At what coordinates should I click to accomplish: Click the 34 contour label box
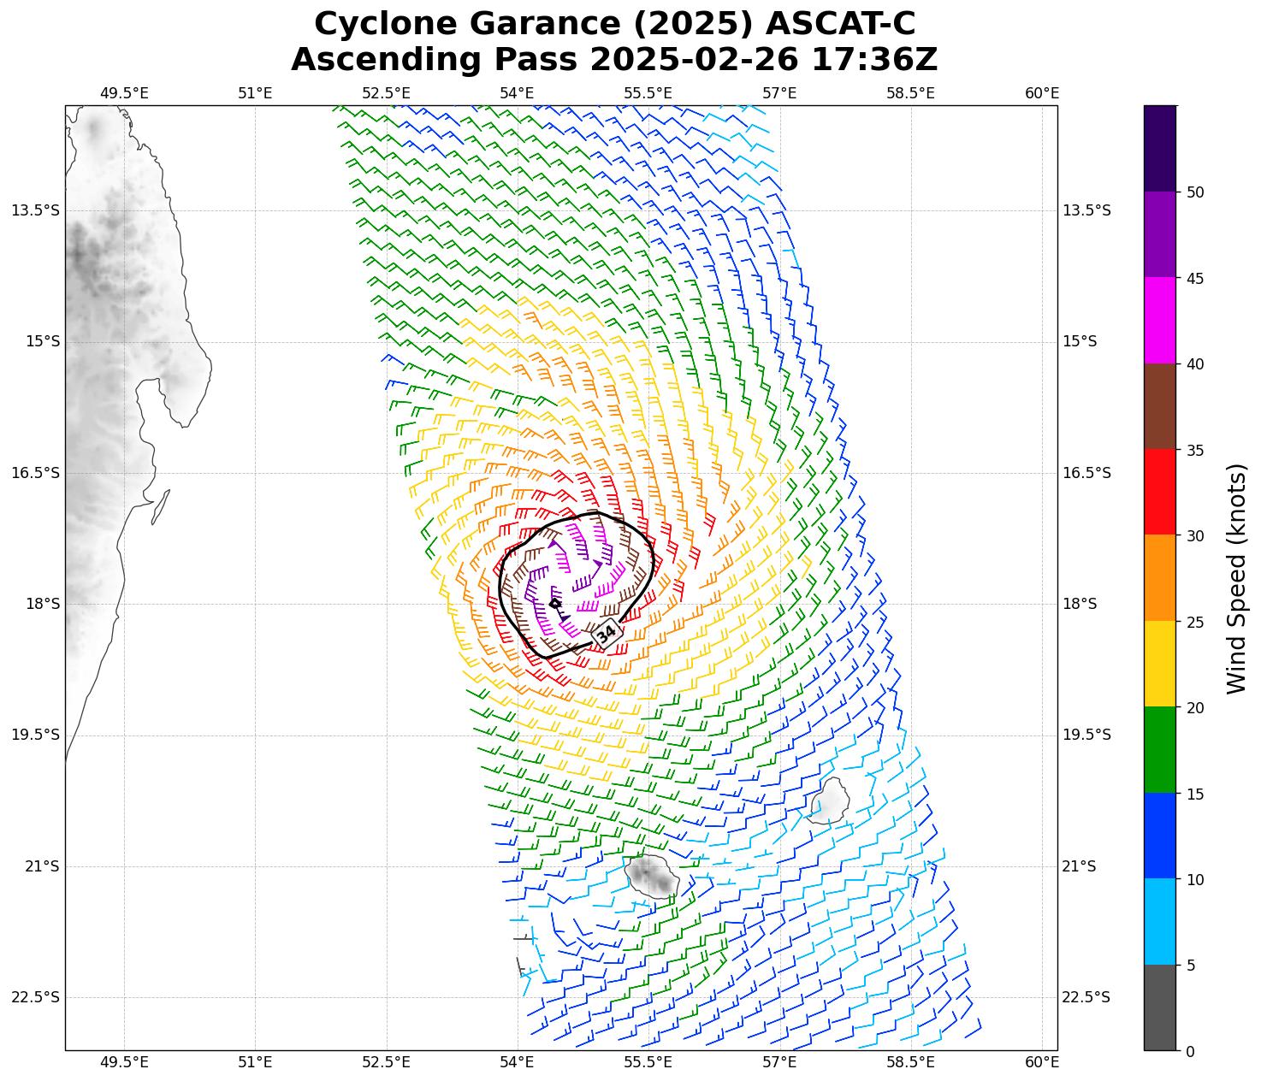point(607,634)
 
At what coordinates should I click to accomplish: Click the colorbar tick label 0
point(1190,1052)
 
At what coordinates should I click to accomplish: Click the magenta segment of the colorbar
point(1160,321)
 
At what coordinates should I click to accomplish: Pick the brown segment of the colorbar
point(1160,406)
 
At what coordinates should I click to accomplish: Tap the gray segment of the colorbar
point(1160,1007)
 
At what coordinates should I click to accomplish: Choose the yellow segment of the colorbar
point(1160,664)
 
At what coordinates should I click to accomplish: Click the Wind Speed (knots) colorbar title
point(1237,579)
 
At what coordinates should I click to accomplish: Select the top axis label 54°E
point(517,93)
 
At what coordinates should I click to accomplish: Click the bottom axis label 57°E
point(779,1062)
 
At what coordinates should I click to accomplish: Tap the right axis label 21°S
point(1080,866)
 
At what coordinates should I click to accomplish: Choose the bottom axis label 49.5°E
point(124,1062)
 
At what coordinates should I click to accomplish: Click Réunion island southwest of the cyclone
point(652,875)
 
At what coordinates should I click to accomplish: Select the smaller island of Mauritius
point(829,801)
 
